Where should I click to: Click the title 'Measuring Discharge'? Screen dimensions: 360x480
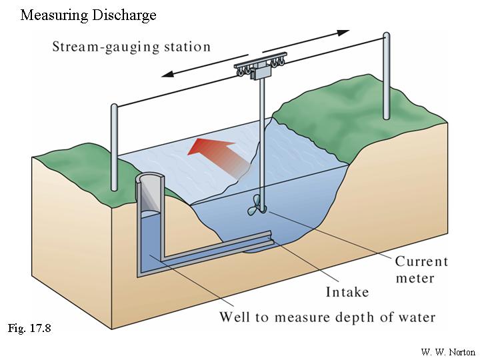[x=88, y=14]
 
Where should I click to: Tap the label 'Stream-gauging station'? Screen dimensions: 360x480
[x=131, y=47]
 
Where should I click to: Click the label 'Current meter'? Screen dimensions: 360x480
[x=421, y=269]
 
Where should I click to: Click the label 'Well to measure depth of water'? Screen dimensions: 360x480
[x=327, y=317]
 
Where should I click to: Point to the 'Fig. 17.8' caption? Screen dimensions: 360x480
[x=29, y=328]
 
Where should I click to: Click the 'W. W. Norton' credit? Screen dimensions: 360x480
[x=448, y=351]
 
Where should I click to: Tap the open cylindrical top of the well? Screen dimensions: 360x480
[x=152, y=182]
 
